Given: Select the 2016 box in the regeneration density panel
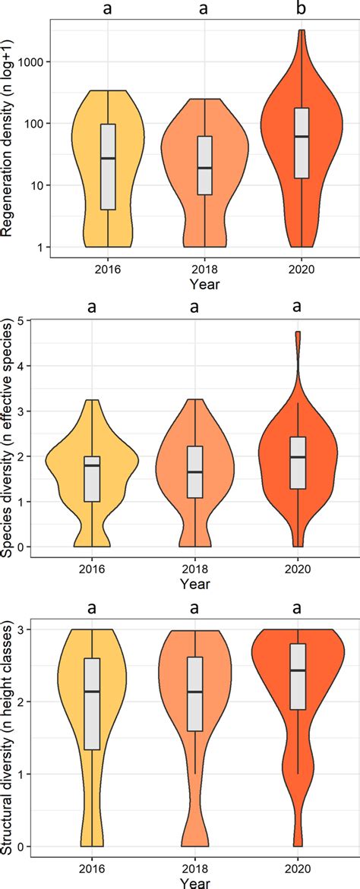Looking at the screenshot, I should coord(108,166).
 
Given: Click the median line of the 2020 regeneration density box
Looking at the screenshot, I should coord(301,137).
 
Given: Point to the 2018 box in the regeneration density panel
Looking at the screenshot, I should coord(204,166).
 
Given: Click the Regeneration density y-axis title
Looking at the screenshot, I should coord(10,138).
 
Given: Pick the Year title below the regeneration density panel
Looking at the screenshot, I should coord(204,285).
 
